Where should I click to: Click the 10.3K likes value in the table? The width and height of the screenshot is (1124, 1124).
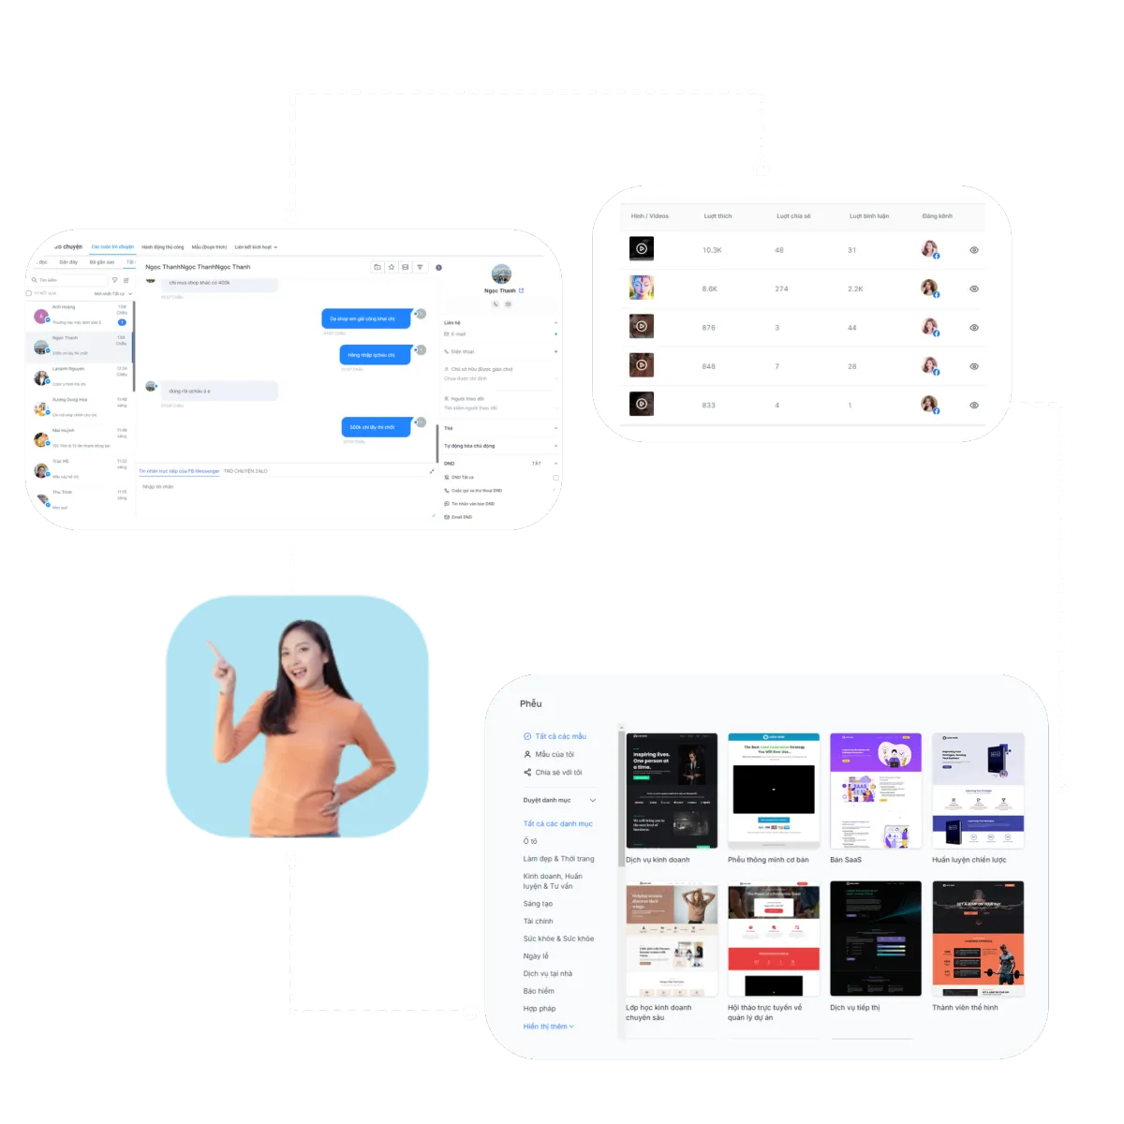tap(712, 250)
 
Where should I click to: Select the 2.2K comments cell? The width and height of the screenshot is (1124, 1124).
tap(855, 288)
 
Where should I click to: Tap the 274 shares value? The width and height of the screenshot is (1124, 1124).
tap(781, 288)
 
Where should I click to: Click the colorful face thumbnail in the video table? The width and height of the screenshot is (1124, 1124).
tap(642, 288)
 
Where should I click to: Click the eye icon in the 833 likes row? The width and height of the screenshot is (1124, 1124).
tap(974, 405)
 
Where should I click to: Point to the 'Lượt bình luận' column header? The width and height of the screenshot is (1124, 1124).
tap(868, 216)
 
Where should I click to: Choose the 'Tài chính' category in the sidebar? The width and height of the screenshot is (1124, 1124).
tap(538, 922)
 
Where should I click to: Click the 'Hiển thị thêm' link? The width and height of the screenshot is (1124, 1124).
tap(548, 1027)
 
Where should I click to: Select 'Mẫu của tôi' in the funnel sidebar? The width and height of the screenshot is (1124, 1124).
tap(554, 754)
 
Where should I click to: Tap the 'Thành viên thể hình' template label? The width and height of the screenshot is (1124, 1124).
tap(965, 1008)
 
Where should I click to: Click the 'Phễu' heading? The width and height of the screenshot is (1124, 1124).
tap(530, 703)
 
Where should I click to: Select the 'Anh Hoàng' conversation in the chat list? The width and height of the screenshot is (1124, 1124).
tap(64, 307)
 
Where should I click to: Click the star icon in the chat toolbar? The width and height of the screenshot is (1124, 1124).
tap(392, 267)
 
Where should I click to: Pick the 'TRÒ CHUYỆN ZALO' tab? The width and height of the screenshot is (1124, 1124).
tap(245, 471)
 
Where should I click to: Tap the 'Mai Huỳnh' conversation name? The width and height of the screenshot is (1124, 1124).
tap(64, 431)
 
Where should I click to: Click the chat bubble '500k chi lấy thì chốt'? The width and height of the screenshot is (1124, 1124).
tap(374, 427)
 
